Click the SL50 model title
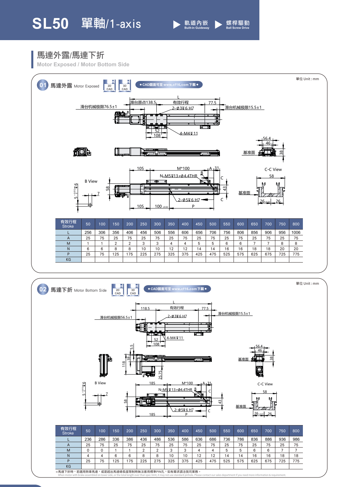tap(50, 24)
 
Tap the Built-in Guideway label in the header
tap(196, 24)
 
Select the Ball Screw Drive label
tap(238, 24)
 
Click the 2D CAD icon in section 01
tap(109, 86)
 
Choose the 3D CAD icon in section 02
tap(133, 290)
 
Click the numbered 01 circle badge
tap(43, 85)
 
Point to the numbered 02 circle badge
tap(43, 289)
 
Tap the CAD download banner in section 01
tap(169, 85)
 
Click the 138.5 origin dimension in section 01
tap(151, 102)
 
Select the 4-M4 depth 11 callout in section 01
tap(189, 134)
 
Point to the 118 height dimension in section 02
tap(124, 364)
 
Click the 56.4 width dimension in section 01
tap(267, 138)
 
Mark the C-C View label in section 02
tap(265, 384)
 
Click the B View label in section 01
tap(91, 181)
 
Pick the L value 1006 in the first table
tap(296, 233)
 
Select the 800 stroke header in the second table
tap(296, 431)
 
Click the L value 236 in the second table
tap(88, 439)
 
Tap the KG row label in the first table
tap(68, 259)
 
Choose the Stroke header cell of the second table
tap(68, 431)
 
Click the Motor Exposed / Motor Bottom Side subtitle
tap(83, 65)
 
